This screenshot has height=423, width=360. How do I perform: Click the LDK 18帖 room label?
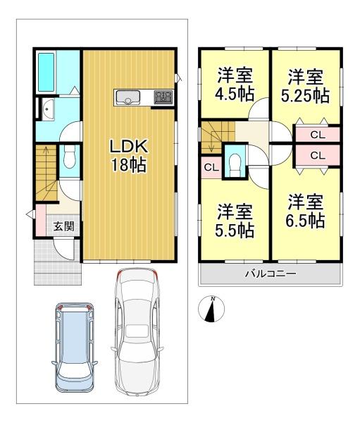click(129, 156)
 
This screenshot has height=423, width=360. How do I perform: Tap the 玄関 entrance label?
click(63, 226)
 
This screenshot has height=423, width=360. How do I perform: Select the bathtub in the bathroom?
click(46, 72)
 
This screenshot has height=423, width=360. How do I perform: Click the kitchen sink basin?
click(128, 98)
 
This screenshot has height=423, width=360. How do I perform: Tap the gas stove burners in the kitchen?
click(163, 97)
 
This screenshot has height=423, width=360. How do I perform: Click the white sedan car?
click(137, 332)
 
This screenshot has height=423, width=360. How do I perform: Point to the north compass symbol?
click(211, 309)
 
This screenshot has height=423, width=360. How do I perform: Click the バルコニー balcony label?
click(271, 274)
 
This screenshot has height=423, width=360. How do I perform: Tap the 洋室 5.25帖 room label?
click(305, 86)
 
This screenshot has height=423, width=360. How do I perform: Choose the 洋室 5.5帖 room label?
click(235, 221)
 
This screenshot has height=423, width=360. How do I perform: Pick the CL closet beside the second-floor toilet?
click(211, 167)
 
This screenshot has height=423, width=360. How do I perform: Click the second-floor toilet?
click(235, 162)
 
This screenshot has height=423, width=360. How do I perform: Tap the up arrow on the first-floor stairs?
click(46, 162)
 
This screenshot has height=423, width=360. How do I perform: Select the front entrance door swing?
click(63, 250)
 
